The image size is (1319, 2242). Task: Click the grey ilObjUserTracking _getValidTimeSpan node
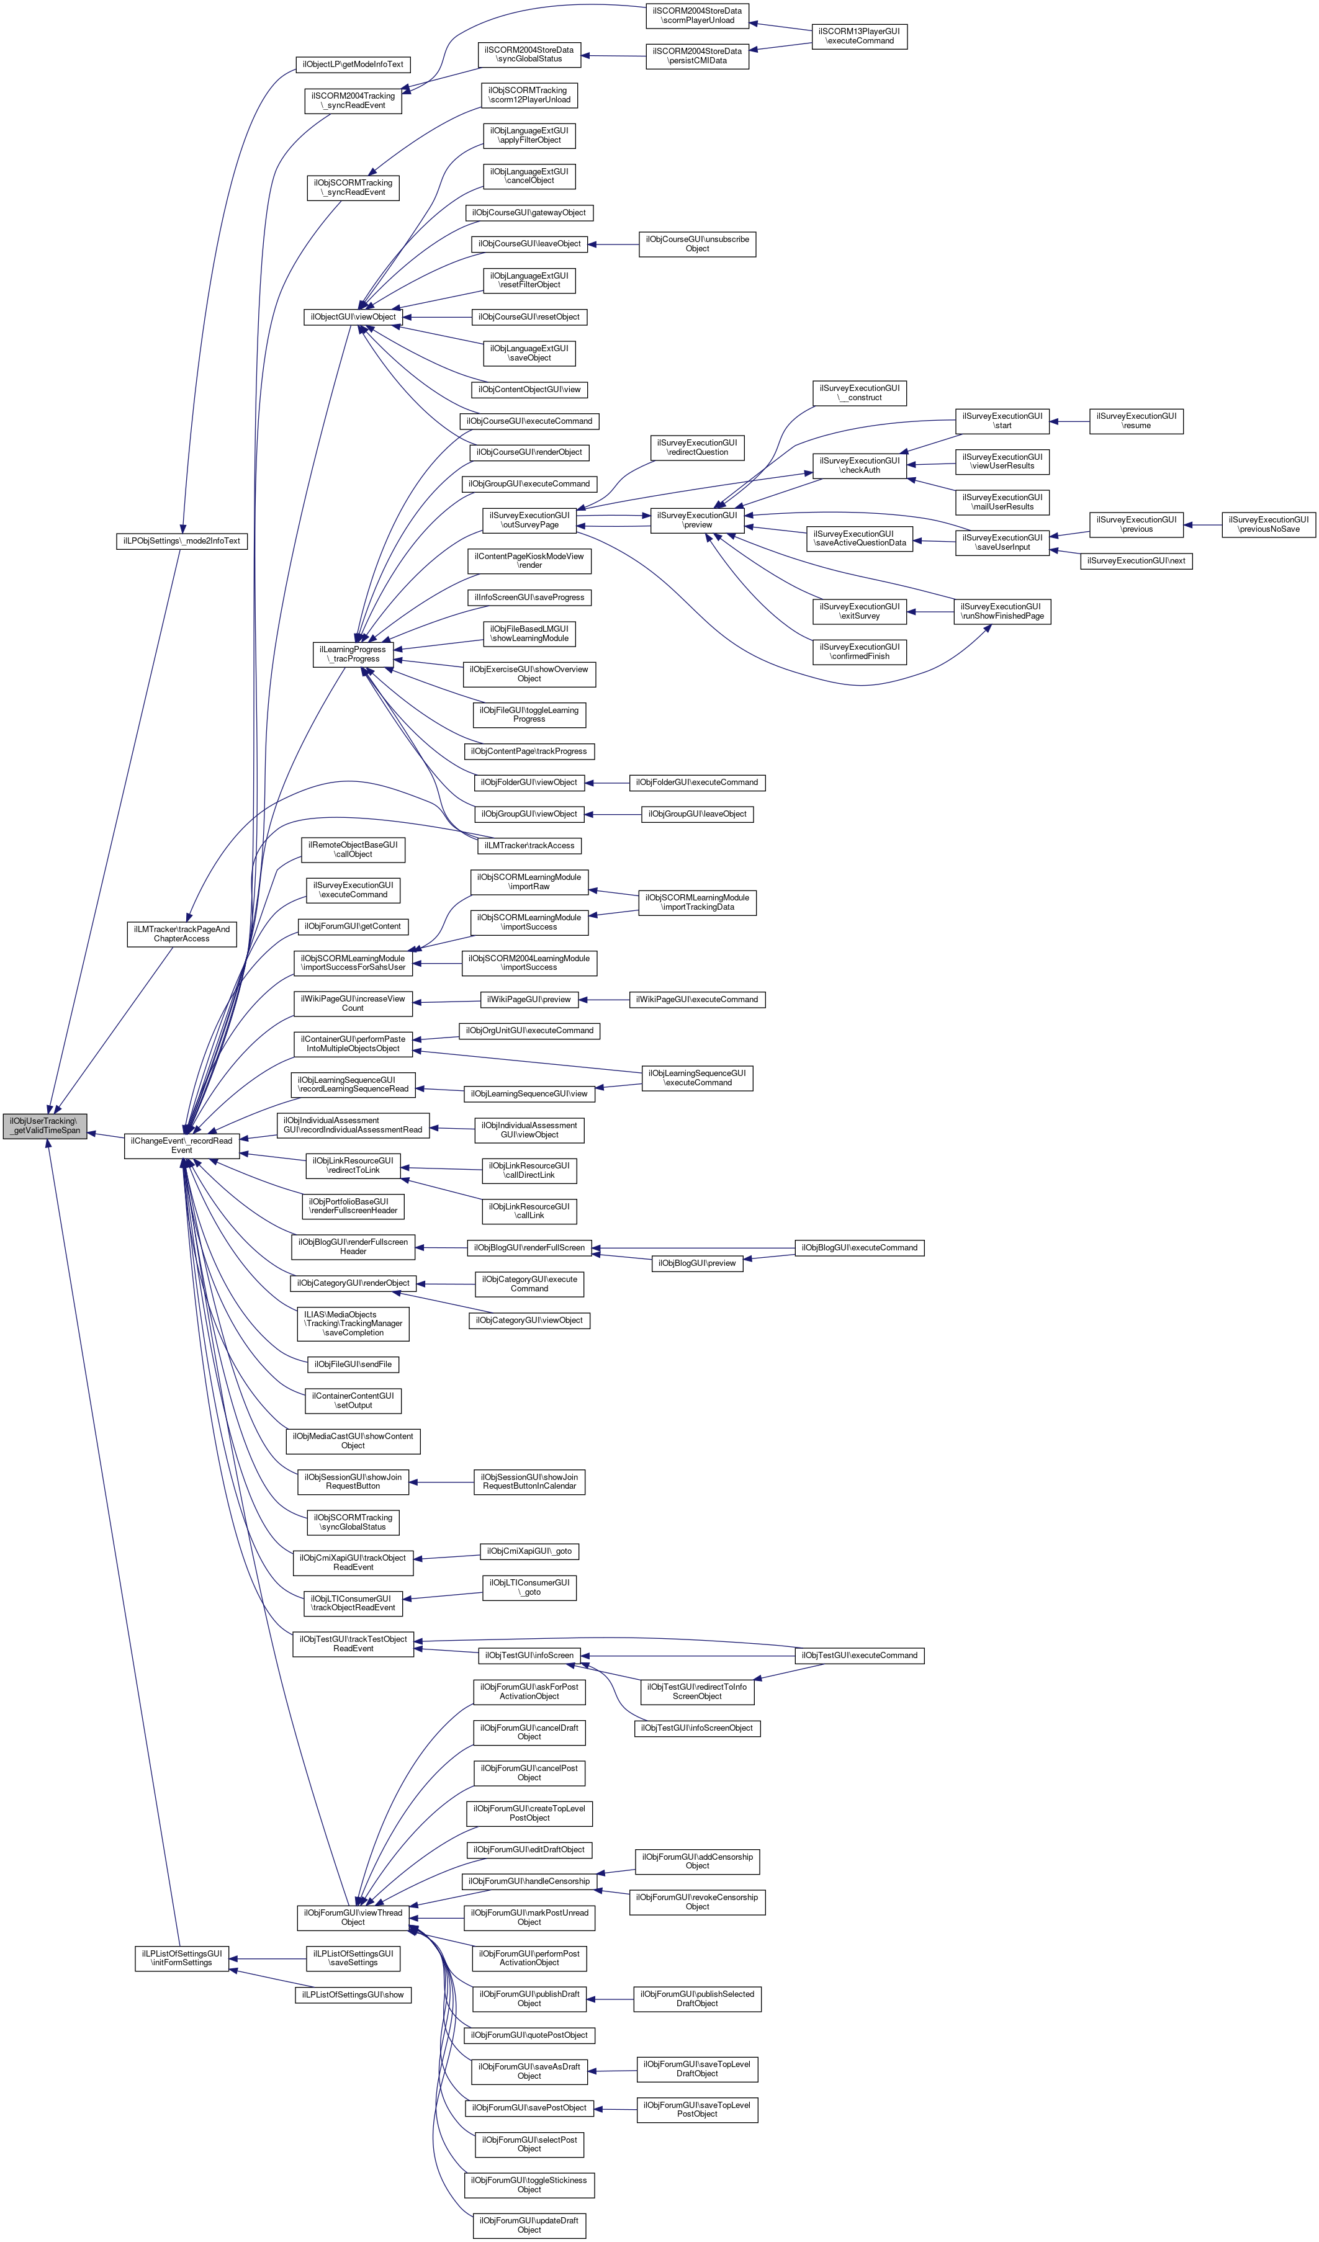tap(45, 1126)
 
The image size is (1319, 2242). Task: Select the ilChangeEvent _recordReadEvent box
tap(182, 1145)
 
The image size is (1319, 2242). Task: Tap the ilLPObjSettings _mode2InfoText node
tap(182, 541)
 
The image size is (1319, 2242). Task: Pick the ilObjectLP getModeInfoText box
tap(353, 64)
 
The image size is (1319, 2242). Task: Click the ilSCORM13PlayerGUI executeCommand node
tap(859, 35)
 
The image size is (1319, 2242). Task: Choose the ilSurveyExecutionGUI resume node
tap(1136, 421)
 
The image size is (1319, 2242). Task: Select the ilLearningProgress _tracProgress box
tap(353, 654)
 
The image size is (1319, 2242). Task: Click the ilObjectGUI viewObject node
tap(353, 316)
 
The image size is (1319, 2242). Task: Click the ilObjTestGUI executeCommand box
tap(859, 1655)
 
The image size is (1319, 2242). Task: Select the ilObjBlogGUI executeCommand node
tap(859, 1247)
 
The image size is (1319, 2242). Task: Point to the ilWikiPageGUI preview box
tap(529, 999)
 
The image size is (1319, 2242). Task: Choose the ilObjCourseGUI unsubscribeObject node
tap(697, 244)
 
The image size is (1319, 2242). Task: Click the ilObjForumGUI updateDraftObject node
tap(529, 2224)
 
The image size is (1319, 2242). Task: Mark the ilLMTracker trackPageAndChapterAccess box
tap(182, 933)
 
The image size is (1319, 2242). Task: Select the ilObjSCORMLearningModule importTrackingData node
tap(697, 902)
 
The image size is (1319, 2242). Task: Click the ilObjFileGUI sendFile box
tap(353, 1364)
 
